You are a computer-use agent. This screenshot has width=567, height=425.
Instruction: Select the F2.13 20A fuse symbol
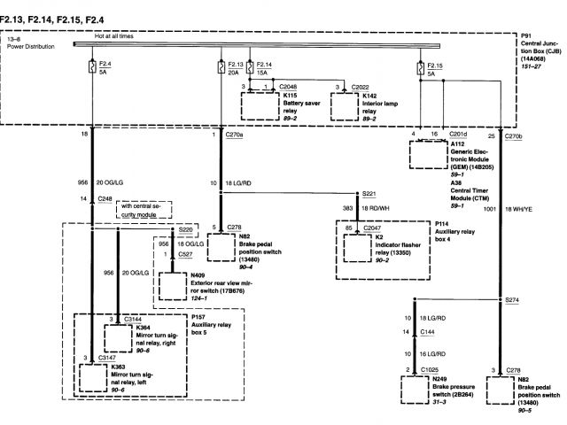click(x=221, y=66)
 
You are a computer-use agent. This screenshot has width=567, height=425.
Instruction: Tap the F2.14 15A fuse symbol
click(x=253, y=66)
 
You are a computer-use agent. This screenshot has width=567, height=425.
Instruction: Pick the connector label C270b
click(x=515, y=136)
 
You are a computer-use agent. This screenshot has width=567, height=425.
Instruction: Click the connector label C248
click(x=105, y=200)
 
